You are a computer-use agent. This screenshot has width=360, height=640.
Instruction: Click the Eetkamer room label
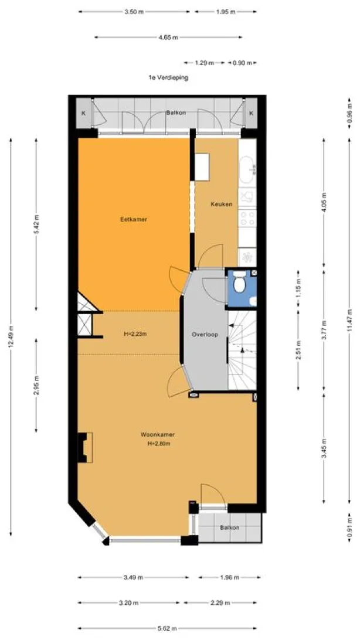click(134, 219)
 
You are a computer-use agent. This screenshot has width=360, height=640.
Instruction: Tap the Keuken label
click(221, 204)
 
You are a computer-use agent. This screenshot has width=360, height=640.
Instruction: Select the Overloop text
click(205, 334)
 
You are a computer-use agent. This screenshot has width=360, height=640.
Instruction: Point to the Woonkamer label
click(158, 435)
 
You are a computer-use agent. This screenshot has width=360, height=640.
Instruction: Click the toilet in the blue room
click(240, 283)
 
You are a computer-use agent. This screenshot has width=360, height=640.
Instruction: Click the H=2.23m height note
click(135, 334)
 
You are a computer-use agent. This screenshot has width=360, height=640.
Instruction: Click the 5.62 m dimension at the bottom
click(167, 628)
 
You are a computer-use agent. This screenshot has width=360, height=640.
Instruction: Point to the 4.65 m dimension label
click(168, 38)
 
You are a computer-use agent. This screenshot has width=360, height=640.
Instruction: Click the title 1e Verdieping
click(168, 77)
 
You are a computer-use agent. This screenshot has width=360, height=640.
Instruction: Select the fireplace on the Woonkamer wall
click(85, 447)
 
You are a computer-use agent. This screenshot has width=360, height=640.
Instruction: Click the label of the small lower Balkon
click(229, 527)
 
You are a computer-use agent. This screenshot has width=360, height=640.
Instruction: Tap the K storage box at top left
click(84, 113)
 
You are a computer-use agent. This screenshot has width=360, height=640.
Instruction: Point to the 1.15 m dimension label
click(299, 287)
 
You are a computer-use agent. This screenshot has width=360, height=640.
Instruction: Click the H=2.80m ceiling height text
click(159, 444)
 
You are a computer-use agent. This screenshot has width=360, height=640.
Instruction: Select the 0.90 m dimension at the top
click(242, 63)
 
